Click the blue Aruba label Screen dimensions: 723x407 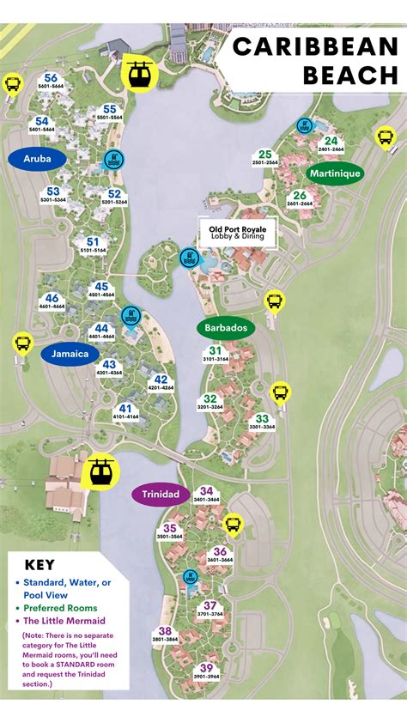tap(37, 159)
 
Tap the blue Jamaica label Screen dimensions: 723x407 tap(69, 353)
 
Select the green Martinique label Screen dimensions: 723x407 tap(335, 173)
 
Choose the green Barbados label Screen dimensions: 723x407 tap(226, 328)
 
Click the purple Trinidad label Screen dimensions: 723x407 tap(161, 495)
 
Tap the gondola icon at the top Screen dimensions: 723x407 tap(137, 73)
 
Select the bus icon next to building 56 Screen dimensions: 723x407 tap(13, 83)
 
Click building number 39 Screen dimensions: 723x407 tap(206, 668)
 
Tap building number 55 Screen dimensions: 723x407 tap(109, 109)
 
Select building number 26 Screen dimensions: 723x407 tap(299, 195)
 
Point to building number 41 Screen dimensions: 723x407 tap(126, 409)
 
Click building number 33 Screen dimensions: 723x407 tap(263, 418)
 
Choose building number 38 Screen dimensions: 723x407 tap(166, 631)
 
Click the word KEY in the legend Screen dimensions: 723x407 tap(39, 565)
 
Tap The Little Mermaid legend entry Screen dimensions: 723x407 tap(64, 621)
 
